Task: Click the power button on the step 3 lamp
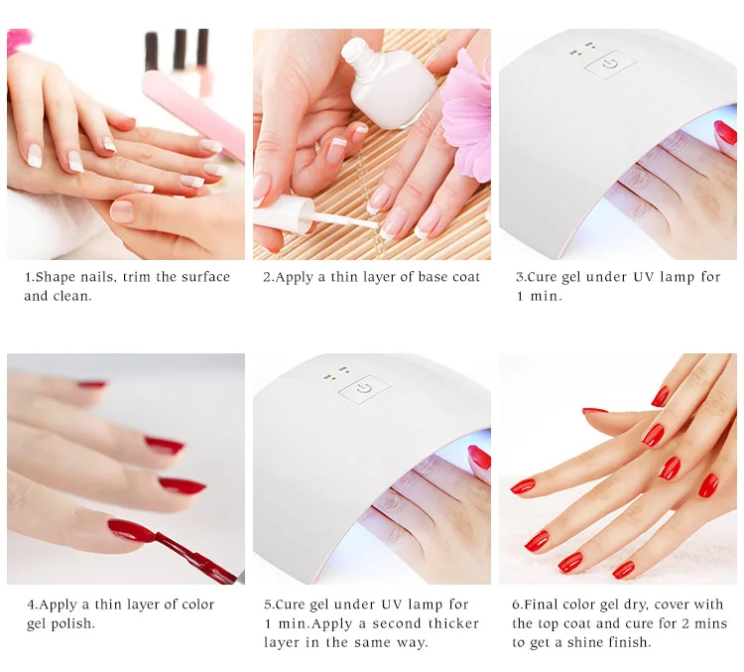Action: pos(610,64)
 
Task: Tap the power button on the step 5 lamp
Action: pos(364,389)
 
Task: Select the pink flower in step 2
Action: pos(466,113)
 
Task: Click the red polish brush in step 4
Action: pos(194,555)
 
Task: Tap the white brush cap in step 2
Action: pos(284,212)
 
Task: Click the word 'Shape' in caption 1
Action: pos(55,277)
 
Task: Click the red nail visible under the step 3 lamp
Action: pos(725,132)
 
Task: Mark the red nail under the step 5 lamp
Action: pos(480,457)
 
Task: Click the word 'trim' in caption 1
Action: pos(137,277)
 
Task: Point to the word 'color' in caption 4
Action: pos(195,605)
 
